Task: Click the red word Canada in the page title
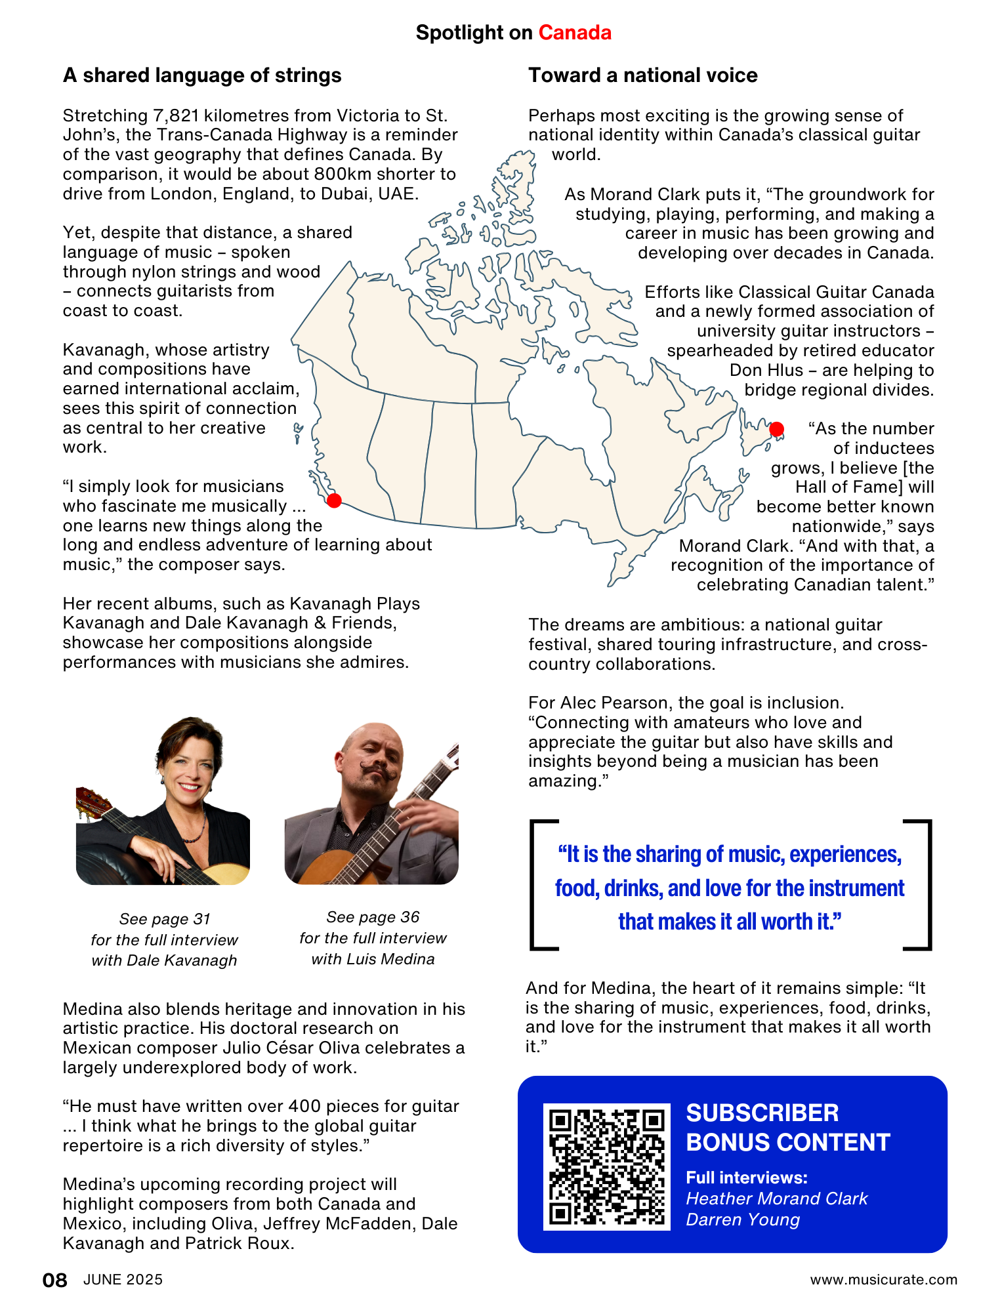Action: pos(575,33)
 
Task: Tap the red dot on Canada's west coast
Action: pos(334,501)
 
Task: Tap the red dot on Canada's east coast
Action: pos(777,430)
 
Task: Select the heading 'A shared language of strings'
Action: pos(202,75)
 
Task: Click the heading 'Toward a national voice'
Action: pos(642,75)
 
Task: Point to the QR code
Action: pos(606,1166)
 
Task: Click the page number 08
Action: pos(54,1280)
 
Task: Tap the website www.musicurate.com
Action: pos(883,1280)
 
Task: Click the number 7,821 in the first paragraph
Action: pos(176,116)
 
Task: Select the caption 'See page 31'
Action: pos(165,919)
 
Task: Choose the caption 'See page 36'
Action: pos(373,917)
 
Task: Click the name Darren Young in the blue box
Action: pos(743,1220)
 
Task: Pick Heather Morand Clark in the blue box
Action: pos(776,1199)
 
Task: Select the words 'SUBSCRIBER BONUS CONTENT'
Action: pos(787,1128)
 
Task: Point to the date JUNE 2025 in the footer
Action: pos(123,1280)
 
